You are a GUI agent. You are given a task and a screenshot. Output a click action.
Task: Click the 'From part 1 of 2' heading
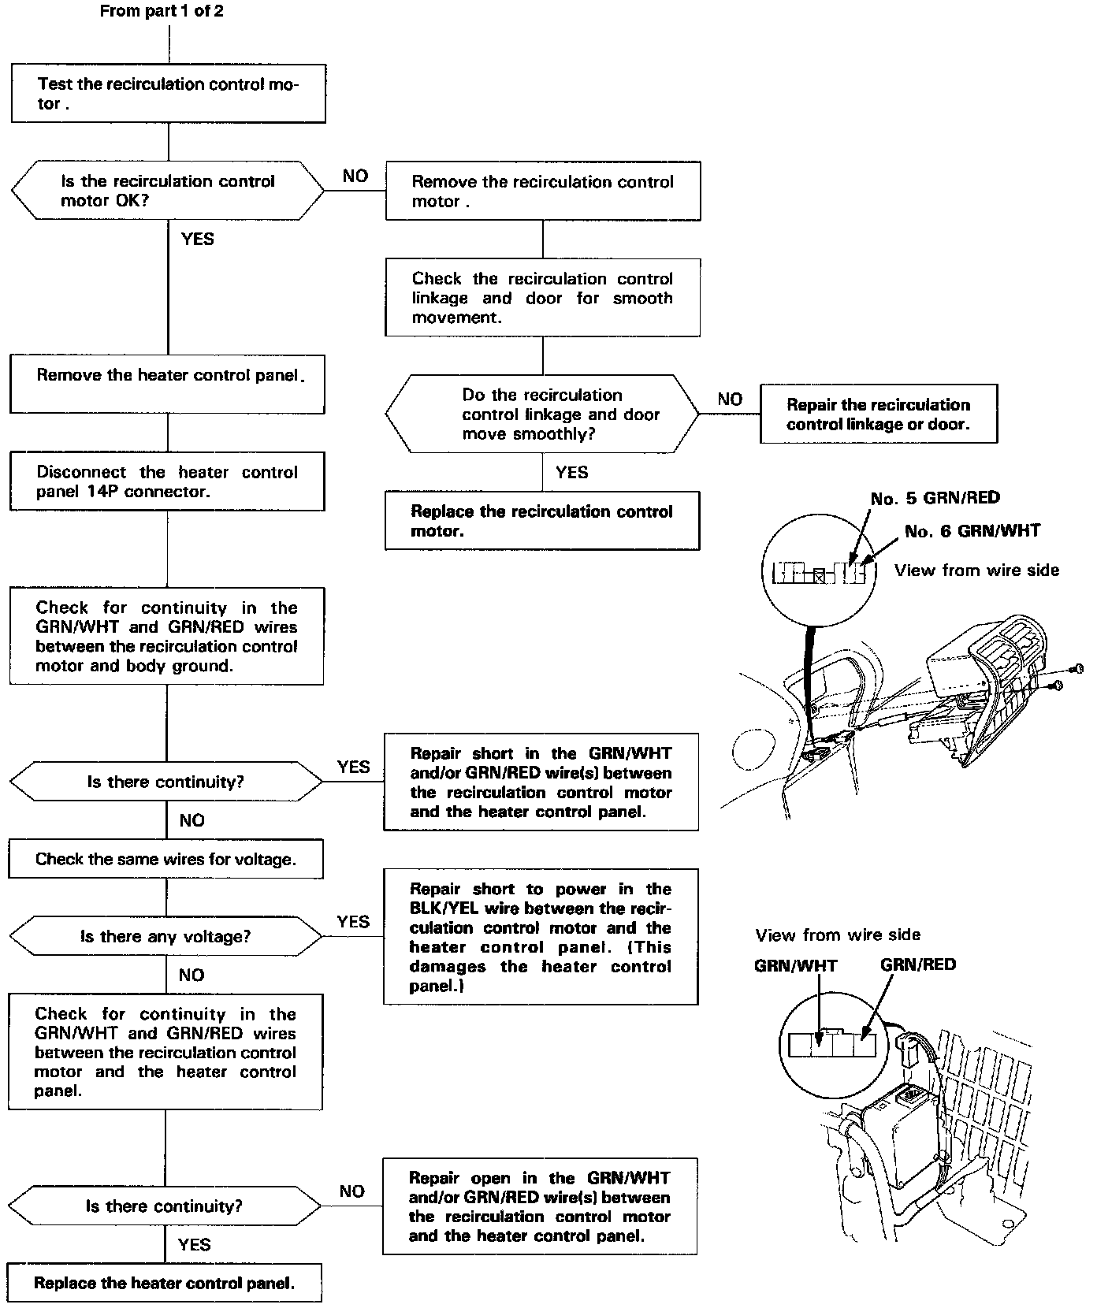point(162,12)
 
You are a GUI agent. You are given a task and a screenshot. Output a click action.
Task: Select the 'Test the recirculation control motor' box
point(168,94)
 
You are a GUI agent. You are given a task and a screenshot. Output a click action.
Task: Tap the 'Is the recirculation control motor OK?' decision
point(167,191)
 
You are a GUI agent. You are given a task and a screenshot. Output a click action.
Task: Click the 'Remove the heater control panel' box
point(167,384)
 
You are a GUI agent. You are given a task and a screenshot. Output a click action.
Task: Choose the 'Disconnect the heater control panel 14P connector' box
point(167,481)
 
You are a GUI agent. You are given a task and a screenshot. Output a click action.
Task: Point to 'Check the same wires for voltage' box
point(165,859)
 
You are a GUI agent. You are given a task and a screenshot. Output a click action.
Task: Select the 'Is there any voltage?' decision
point(165,936)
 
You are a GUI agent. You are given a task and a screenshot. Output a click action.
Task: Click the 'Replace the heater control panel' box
point(164,1283)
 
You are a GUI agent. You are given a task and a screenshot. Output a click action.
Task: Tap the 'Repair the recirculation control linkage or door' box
point(878,414)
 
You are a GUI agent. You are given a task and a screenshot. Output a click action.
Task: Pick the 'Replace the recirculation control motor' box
point(542,521)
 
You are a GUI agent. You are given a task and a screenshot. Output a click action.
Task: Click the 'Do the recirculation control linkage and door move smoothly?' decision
point(542,414)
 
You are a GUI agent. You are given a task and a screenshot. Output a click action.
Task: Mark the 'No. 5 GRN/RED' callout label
point(935,498)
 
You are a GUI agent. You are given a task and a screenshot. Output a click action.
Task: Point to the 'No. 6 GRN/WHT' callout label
point(972,531)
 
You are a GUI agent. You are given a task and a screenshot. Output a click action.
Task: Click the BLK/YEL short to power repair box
point(541,937)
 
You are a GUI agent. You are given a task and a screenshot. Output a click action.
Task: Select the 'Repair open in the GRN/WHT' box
point(540,1206)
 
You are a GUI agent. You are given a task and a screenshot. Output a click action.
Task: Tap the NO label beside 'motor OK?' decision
point(355,176)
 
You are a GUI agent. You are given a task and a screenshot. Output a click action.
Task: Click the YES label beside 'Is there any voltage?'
point(353,921)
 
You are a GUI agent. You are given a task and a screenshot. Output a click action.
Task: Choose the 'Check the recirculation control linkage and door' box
point(542,298)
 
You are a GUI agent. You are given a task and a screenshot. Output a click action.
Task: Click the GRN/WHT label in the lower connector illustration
point(795,965)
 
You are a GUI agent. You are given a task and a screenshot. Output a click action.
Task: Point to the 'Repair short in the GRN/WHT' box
point(541,782)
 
